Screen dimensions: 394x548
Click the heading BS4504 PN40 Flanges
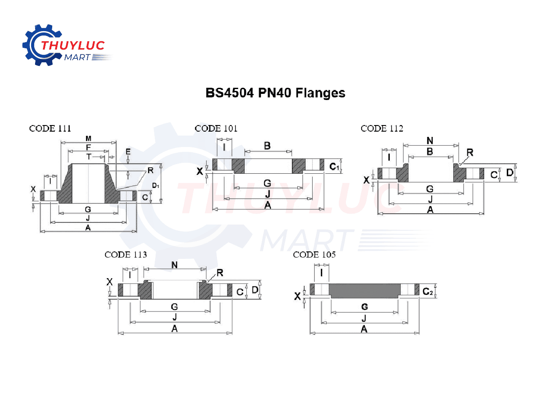(275, 93)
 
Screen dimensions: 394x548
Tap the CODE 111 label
(50, 129)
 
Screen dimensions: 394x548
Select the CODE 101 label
(216, 129)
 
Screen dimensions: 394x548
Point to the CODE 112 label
(382, 129)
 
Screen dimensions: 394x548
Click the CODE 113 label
(126, 254)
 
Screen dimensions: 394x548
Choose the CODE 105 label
(314, 254)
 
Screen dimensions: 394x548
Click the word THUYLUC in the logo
(73, 45)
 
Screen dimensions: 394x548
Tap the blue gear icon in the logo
(35, 45)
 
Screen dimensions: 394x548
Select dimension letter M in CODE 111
(88, 138)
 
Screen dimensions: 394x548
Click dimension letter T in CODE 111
(89, 156)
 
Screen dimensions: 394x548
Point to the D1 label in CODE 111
(156, 186)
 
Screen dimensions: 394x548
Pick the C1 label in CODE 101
(334, 167)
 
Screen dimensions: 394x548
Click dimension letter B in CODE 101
(267, 145)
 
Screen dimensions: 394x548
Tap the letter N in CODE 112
(430, 140)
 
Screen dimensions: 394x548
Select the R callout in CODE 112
(470, 152)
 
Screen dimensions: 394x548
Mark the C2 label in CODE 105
(427, 291)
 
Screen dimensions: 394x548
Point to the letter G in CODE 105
(364, 306)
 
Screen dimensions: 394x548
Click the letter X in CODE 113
(110, 282)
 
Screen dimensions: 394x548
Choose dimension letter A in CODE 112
(430, 210)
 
